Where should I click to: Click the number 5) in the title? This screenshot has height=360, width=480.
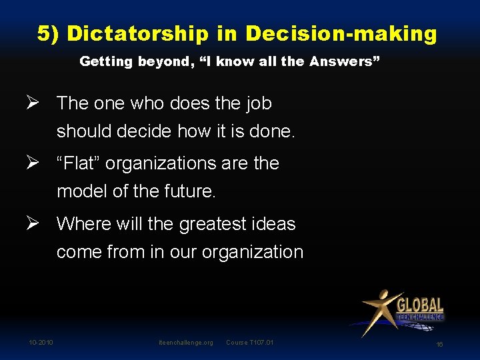(x=49, y=33)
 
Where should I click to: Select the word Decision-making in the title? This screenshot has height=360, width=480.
(x=341, y=33)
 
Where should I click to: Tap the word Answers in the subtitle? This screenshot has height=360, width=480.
(x=345, y=62)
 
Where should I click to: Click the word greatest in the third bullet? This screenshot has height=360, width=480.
(x=210, y=224)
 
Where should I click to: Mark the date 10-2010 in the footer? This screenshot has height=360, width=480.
(x=41, y=343)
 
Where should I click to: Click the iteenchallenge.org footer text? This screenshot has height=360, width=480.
(x=186, y=343)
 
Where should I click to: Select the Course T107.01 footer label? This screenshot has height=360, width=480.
(x=250, y=343)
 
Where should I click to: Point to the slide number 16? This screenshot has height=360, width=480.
(x=439, y=345)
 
